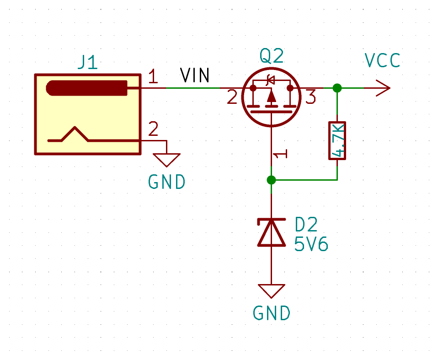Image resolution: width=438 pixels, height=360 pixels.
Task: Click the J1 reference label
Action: [87, 62]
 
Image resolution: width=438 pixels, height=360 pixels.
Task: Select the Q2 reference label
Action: [272, 57]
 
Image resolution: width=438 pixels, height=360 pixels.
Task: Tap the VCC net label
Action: [382, 60]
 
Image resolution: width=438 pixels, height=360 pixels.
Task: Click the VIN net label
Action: [195, 75]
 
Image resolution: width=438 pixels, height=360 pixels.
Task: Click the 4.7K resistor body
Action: [337, 140]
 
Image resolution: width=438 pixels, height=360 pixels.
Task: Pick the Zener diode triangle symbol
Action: [272, 233]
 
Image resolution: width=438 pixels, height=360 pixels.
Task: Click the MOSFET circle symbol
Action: [271, 97]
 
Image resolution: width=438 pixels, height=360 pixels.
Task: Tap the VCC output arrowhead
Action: [383, 88]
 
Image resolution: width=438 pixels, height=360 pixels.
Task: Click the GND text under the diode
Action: [272, 314]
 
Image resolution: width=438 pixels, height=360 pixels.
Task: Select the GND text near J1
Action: [167, 182]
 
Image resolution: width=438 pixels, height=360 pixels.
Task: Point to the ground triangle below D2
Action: [272, 290]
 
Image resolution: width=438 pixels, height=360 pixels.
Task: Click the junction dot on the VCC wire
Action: [337, 88]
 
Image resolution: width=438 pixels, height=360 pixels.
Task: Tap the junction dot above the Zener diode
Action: [272, 180]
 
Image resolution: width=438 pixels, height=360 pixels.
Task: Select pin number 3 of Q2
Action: [310, 97]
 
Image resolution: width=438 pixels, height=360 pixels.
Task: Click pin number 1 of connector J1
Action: [153, 77]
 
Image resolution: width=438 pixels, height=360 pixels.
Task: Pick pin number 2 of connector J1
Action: [153, 129]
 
